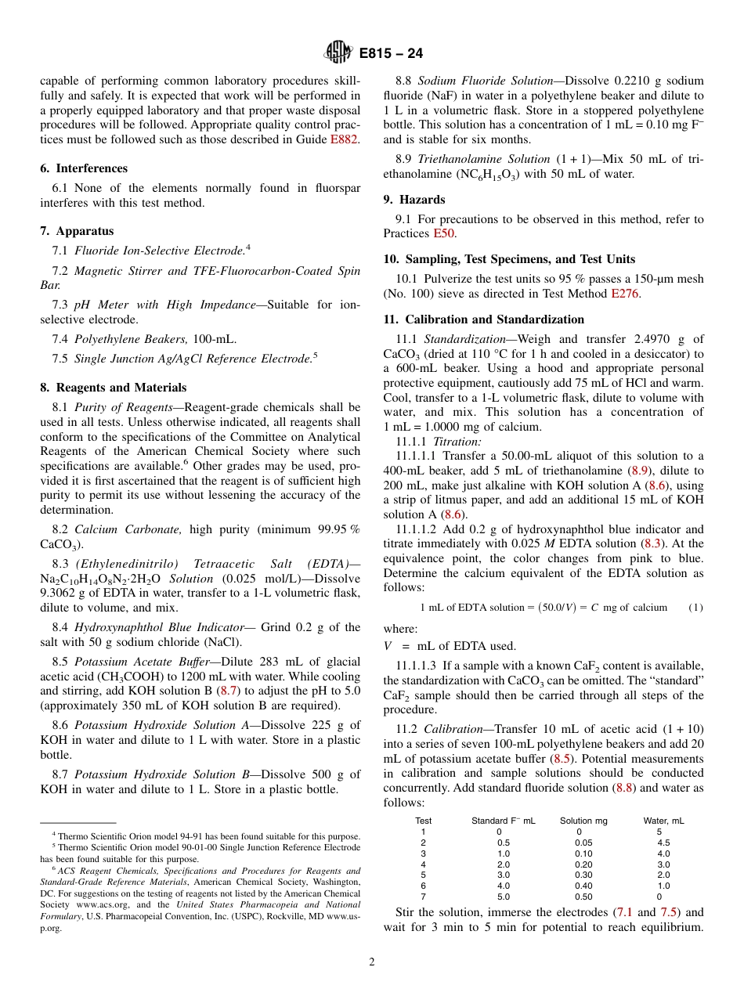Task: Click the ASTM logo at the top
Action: coord(339,53)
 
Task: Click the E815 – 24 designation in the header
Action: coord(391,53)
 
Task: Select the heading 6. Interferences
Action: coord(84,168)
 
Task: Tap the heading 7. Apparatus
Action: coord(77,231)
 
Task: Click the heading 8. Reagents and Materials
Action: coord(114,388)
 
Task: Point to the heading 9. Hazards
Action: coord(414,200)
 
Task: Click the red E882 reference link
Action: coord(344,140)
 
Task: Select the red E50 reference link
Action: coord(444,233)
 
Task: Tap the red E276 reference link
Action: coord(625,294)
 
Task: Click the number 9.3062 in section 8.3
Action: coord(60,593)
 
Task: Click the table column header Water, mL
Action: coord(663,821)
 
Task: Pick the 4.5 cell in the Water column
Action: coord(663,843)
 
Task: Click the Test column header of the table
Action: coord(423,821)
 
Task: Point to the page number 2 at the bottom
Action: coord(372,962)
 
